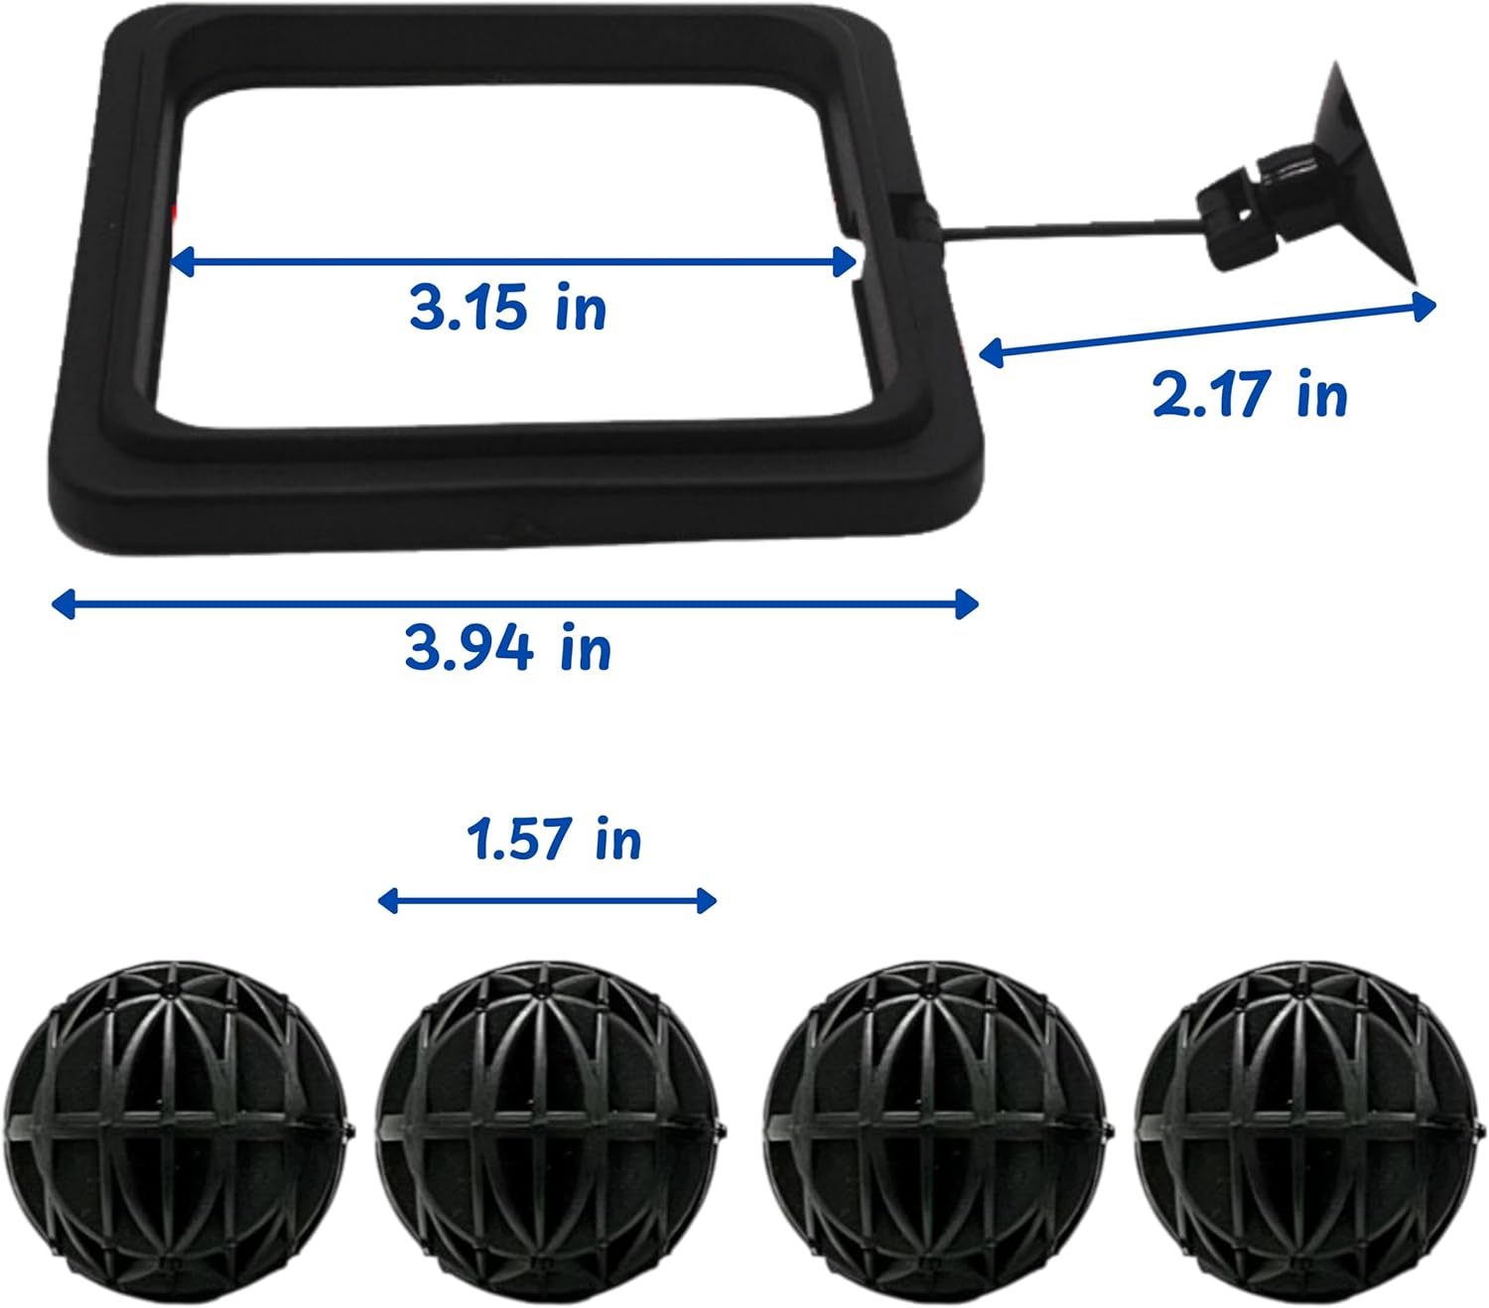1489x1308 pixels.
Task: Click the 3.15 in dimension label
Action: coord(508,308)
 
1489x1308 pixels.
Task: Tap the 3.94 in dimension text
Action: coord(508,647)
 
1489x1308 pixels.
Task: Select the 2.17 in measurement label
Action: coord(1250,394)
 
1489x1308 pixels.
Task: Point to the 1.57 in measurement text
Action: coord(554,840)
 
